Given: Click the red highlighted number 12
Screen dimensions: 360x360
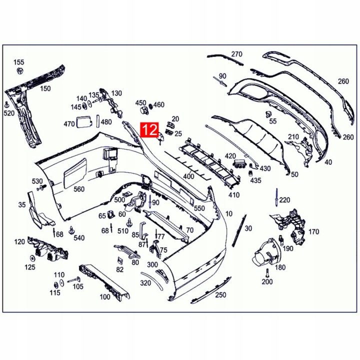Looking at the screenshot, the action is pyautogui.click(x=149, y=129).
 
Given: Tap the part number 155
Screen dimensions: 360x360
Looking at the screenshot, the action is pyautogui.click(x=19, y=62).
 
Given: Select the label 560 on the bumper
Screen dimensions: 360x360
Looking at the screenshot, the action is pyautogui.click(x=79, y=189).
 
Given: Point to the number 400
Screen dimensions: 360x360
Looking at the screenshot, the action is pyautogui.click(x=188, y=176).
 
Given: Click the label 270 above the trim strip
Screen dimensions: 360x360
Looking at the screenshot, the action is pyautogui.click(x=236, y=54).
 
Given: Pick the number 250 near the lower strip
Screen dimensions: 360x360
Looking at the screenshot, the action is pyautogui.click(x=220, y=295).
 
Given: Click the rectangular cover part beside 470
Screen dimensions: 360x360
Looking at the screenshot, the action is pyautogui.click(x=84, y=122).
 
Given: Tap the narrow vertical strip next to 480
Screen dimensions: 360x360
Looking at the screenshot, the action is pyautogui.click(x=98, y=120).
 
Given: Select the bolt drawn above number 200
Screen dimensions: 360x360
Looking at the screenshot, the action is pyautogui.click(x=267, y=273).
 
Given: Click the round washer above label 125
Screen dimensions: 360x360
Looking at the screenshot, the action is pyautogui.click(x=32, y=258).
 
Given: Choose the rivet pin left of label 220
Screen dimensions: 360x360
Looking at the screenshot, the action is pyautogui.click(x=276, y=197).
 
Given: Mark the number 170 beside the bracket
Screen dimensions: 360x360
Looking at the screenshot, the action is pyautogui.click(x=313, y=232).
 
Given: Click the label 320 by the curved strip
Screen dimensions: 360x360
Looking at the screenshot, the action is pyautogui.click(x=145, y=283).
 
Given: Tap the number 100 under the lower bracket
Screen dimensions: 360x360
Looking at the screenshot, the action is pyautogui.click(x=105, y=297).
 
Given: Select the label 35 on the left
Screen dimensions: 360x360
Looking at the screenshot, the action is pyautogui.click(x=22, y=204).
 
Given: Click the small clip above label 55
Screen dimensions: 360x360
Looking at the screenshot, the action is pyautogui.click(x=268, y=113).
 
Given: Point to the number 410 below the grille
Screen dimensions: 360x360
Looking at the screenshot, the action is pyautogui.click(x=234, y=195).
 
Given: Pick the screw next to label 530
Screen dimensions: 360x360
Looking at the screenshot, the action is pyautogui.click(x=41, y=187).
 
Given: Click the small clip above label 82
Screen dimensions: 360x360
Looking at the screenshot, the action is pyautogui.click(x=120, y=260).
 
